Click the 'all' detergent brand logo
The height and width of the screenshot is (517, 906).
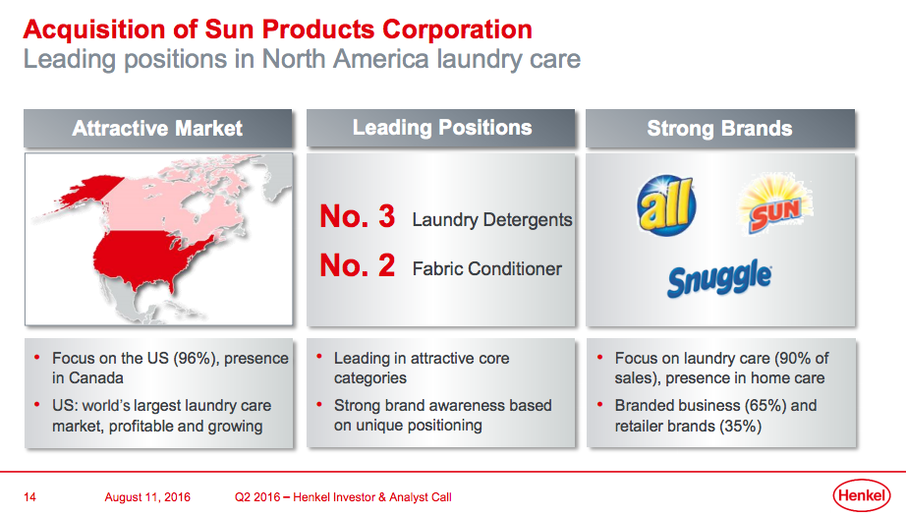point(666,205)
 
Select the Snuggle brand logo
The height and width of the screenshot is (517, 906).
point(719,278)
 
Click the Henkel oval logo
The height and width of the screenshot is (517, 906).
point(862,495)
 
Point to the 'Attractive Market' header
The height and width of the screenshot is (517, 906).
point(157,128)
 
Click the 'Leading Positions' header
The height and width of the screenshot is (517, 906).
point(442,128)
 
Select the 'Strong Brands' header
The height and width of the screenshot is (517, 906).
point(720,128)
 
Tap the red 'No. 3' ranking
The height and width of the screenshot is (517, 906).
point(358,216)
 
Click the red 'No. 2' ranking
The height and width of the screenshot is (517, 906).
point(358,265)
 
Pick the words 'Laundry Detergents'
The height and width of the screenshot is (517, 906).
point(491,220)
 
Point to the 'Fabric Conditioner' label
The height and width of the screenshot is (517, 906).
point(487,268)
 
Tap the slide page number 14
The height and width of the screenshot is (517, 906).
point(29,496)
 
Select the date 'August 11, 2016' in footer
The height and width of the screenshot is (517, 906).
point(147,496)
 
